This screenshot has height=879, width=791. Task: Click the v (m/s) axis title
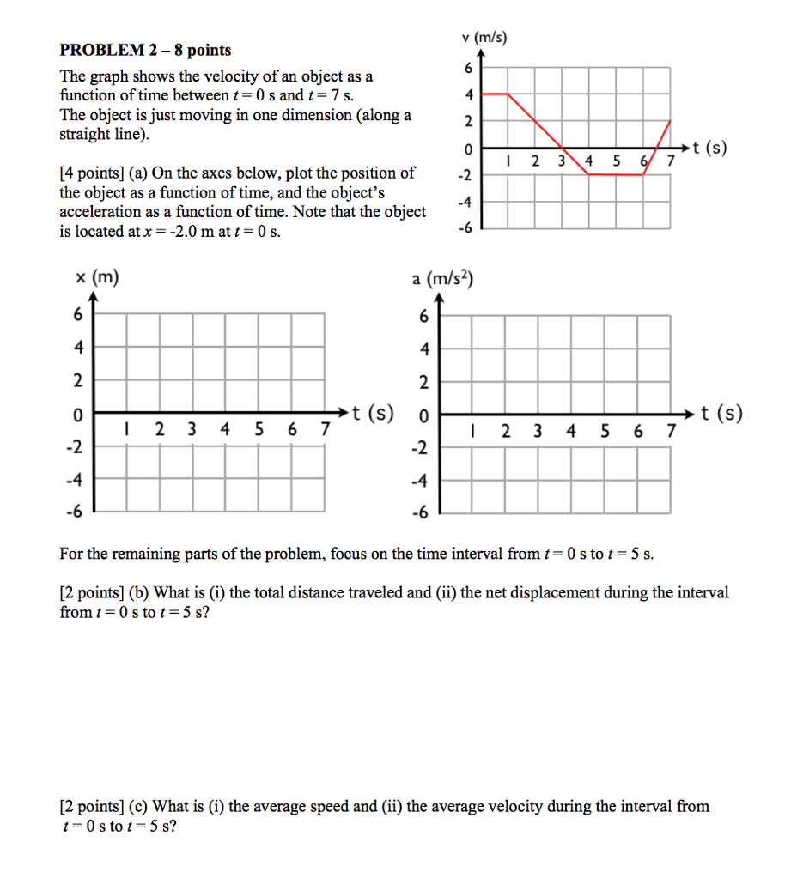point(484,38)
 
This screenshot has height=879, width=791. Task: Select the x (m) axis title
point(96,276)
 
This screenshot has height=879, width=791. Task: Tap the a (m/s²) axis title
point(443,279)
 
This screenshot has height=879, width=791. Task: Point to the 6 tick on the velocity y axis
point(468,68)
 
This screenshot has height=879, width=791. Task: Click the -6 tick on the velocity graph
point(465,228)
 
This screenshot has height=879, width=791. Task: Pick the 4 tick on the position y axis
point(78,349)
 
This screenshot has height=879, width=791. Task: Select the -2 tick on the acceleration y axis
point(421,448)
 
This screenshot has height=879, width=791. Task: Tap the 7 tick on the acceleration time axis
point(671,431)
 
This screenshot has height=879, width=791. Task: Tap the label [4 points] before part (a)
point(91,173)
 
